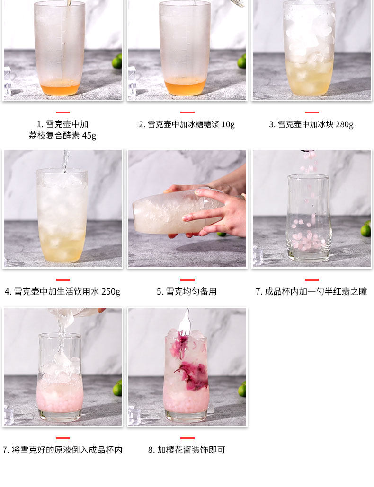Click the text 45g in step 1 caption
click(89, 136)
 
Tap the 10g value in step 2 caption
click(228, 124)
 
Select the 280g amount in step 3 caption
click(345, 124)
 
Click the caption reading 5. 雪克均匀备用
click(187, 292)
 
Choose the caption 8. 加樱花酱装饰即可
click(187, 450)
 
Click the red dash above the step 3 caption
click(312, 113)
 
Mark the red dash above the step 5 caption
click(187, 280)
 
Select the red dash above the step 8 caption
click(187, 438)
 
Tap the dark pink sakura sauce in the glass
click(193, 376)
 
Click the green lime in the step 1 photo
click(117, 61)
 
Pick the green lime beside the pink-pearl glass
click(366, 229)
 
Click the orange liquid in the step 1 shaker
click(60, 88)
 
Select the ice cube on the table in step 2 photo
click(132, 81)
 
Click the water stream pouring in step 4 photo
click(65, 162)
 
